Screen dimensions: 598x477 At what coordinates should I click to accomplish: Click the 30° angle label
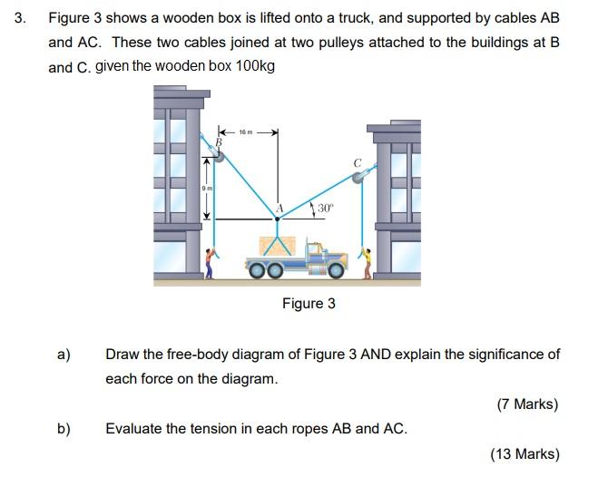coord(326,208)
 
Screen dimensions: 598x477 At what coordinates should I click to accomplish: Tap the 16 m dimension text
coord(246,131)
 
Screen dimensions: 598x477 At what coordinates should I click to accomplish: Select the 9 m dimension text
coord(208,188)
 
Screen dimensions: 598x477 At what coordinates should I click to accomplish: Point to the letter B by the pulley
coord(218,141)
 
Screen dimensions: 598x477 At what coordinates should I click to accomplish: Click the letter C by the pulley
coord(358,163)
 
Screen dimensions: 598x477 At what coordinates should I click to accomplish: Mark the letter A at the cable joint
coord(280,208)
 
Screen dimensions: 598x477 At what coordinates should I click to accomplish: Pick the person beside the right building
coord(367,263)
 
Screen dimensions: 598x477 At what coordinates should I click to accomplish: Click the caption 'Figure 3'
coord(309,303)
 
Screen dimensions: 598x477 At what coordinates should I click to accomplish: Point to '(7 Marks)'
coord(527,404)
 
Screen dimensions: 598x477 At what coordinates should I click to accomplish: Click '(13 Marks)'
coord(524,454)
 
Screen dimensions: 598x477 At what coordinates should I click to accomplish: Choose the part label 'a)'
coord(64,355)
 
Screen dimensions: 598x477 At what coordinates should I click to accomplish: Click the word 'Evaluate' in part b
coord(133,428)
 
